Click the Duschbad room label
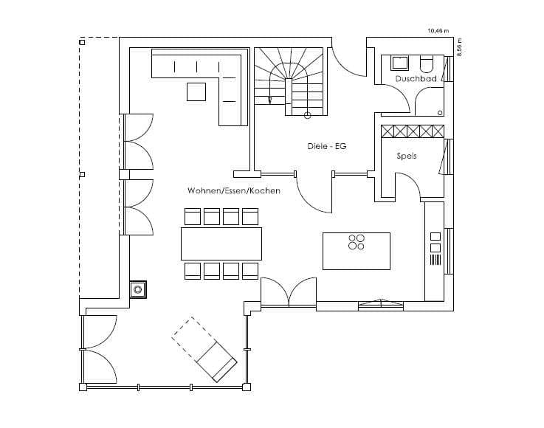coord(416,79)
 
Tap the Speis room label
coord(407,156)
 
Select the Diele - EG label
coord(327,146)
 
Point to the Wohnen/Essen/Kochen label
coord(234,190)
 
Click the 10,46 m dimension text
coord(438,31)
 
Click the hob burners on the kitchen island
coord(357,242)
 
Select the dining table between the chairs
coord(221,244)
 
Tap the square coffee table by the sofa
coord(196,92)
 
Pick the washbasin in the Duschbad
coord(400,63)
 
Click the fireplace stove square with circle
coord(138,289)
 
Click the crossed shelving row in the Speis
coord(413,131)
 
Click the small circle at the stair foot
coord(307,116)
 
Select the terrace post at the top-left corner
coord(82,42)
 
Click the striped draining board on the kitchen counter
coord(435,260)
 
